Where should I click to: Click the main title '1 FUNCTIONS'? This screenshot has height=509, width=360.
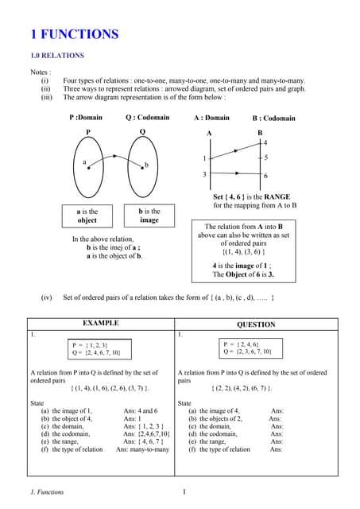pyautogui.click(x=74, y=34)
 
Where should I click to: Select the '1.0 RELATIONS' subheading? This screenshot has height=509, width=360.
pyautogui.click(x=56, y=56)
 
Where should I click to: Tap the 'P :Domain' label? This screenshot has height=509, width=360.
pyautogui.click(x=86, y=118)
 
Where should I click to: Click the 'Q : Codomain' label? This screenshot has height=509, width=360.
pyautogui.click(x=147, y=118)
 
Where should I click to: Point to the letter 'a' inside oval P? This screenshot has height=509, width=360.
pyautogui.click(x=84, y=161)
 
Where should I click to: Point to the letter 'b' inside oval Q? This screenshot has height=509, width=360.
pyautogui.click(x=146, y=165)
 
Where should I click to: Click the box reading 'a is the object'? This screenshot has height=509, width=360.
pyautogui.click(x=87, y=216)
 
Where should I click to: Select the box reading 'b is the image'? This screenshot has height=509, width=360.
pyautogui.click(x=149, y=216)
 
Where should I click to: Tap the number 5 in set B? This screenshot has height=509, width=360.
pyautogui.click(x=265, y=157)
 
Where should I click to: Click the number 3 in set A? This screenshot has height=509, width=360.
pyautogui.click(x=204, y=174)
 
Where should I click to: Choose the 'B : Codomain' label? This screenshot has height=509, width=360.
pyautogui.click(x=273, y=119)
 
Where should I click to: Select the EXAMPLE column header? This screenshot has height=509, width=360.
pyautogui.click(x=101, y=324)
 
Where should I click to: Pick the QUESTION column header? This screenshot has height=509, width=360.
pyautogui.click(x=256, y=324)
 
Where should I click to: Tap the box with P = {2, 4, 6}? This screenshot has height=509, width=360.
pyautogui.click(x=248, y=348)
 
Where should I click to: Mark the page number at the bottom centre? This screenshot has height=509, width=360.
pyautogui.click(x=184, y=492)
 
